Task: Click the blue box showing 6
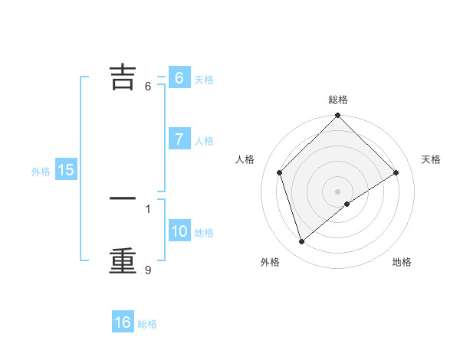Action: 179,78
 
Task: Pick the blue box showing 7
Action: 179,139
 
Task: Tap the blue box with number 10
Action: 179,231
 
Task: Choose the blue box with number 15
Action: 66,171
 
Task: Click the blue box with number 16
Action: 123,322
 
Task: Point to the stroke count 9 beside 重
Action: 148,270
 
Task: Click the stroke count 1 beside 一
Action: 148,208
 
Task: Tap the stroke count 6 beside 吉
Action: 148,86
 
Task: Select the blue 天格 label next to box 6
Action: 204,80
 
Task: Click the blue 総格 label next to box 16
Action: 147,324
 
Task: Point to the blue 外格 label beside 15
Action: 41,172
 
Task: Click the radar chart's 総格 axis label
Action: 338,100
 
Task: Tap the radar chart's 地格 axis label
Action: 402,263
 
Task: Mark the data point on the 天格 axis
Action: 396,172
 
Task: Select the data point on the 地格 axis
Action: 347,204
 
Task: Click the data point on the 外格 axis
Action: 301,242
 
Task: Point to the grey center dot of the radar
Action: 338,191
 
